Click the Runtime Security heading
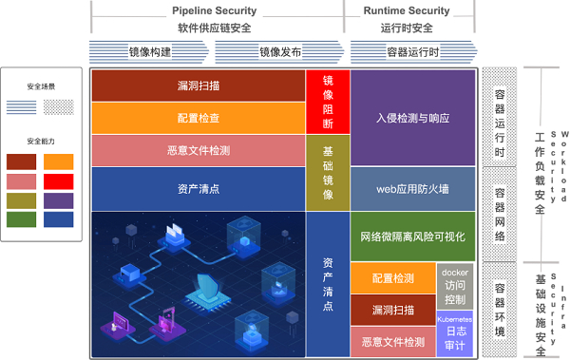pyautogui.click(x=407, y=10)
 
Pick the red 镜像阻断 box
pyautogui.click(x=328, y=101)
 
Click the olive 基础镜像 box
pyautogui.click(x=328, y=172)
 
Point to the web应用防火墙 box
pyautogui.click(x=411, y=189)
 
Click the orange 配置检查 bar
pyautogui.click(x=198, y=118)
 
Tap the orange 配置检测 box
pyautogui.click(x=392, y=278)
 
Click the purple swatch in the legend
pyautogui.click(x=59, y=200)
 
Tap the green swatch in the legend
pyautogui.click(x=22, y=219)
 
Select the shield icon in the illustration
pyautogui.click(x=211, y=285)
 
